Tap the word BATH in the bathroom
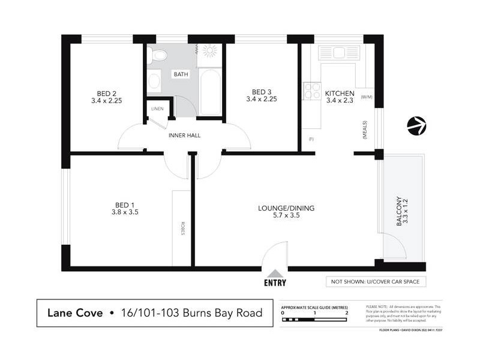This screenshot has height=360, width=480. [180, 74]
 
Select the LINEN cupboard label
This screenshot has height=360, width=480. [157, 109]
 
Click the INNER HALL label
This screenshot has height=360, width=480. [184, 135]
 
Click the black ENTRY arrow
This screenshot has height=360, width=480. [274, 274]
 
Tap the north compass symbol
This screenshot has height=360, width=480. [416, 126]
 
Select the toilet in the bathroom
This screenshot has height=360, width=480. [158, 56]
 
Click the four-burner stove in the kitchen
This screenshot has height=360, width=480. [312, 90]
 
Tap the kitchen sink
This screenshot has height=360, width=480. [338, 52]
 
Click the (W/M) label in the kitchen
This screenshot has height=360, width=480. [367, 97]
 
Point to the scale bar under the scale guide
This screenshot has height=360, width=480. [314, 320]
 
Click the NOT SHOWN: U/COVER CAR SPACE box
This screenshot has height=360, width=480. [376, 281]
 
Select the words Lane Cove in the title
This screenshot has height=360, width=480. [74, 313]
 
